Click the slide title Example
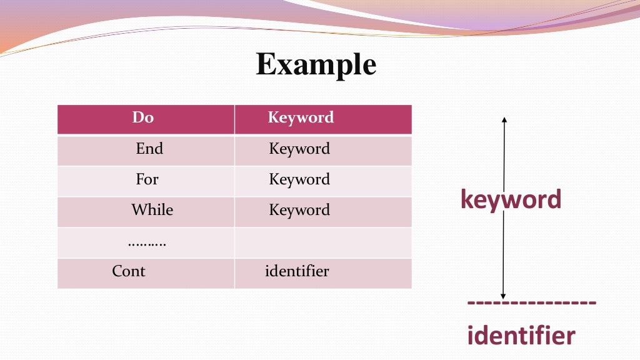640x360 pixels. (316, 65)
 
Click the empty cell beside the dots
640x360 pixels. (322, 242)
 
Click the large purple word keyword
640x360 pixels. (511, 199)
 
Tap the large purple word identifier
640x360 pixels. (521, 336)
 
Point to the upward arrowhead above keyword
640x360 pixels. (504, 119)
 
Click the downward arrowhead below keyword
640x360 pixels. (503, 296)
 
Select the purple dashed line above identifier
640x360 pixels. (531, 303)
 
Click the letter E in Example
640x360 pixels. (266, 65)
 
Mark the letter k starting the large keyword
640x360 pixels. (466, 199)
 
